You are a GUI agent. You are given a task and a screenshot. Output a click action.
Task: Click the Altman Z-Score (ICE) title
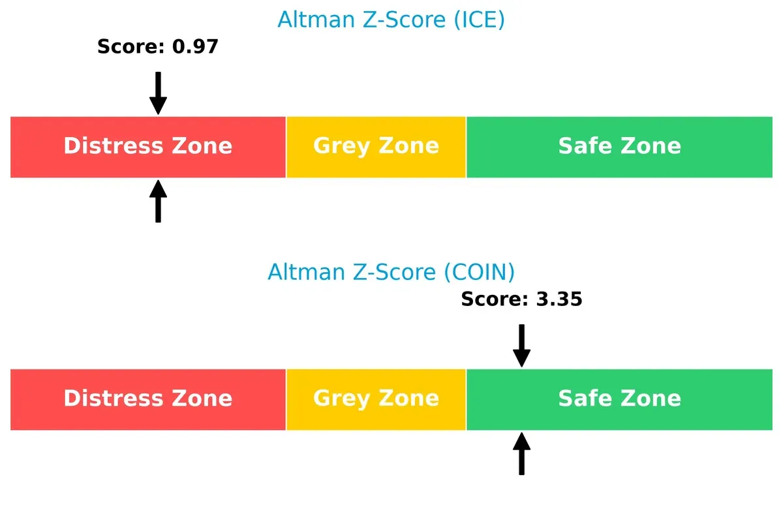[x=391, y=20]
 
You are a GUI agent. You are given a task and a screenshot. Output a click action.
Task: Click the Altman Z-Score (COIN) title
[x=391, y=271]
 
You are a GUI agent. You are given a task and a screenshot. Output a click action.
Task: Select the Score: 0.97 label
[x=157, y=46]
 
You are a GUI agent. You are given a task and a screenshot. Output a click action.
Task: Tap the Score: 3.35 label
[x=521, y=299]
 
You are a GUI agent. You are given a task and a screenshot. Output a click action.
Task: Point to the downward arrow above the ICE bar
[x=158, y=93]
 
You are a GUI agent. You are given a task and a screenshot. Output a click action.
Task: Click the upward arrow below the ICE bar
[x=158, y=202]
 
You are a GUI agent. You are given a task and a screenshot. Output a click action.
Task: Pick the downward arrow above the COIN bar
[x=521, y=346]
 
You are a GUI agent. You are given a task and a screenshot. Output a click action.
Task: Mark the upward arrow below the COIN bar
[x=521, y=454]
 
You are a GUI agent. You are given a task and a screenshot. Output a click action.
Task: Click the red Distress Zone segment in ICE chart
[x=148, y=147]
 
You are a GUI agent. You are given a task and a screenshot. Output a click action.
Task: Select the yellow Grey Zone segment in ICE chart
[x=376, y=147]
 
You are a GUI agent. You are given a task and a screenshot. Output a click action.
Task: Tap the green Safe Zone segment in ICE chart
[x=619, y=147]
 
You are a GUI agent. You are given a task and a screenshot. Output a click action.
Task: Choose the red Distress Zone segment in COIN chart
[x=148, y=399]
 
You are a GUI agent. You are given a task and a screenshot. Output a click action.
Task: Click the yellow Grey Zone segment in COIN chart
[x=376, y=399]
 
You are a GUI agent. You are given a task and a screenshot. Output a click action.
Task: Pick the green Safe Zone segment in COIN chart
[x=619, y=399]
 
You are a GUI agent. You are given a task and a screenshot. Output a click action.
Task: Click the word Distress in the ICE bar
[x=108, y=145]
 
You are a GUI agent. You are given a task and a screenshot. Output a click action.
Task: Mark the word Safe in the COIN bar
[x=582, y=398]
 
